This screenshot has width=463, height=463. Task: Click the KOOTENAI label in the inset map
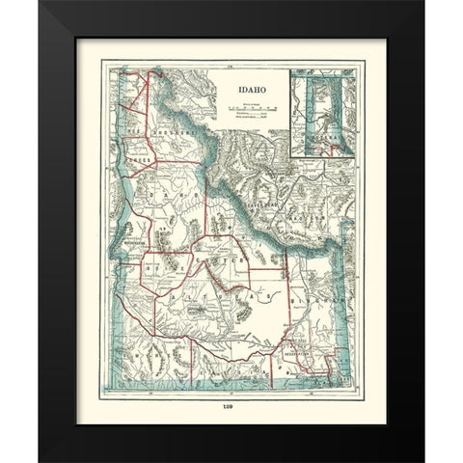(x=322, y=150)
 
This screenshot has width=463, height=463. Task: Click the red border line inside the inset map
(x=314, y=106)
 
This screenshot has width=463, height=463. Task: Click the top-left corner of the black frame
(x=41, y=4)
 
